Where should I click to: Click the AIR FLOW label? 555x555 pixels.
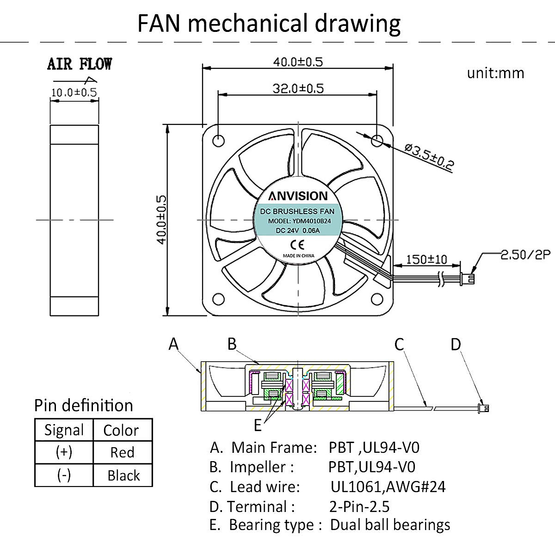(79, 64)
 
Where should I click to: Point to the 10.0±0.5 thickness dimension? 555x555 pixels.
(74, 92)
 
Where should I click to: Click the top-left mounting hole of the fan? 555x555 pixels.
(218, 139)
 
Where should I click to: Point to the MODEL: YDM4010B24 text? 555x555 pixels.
(299, 221)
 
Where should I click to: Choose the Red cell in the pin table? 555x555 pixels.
(122, 452)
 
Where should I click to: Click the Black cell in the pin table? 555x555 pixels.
(123, 475)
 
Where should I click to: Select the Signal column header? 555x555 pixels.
(64, 430)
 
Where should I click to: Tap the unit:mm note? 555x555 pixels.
(495, 73)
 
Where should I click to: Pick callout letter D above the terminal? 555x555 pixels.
(456, 344)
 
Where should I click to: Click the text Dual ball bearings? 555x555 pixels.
(390, 525)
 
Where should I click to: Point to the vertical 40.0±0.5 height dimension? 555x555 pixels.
(162, 219)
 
